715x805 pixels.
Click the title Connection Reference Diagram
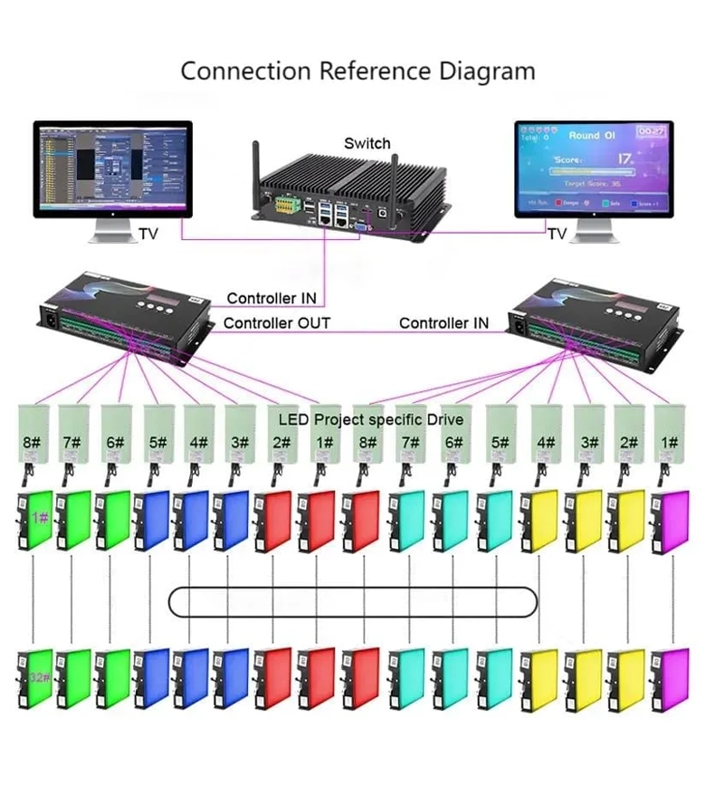[357, 71]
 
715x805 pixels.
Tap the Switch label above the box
[367, 143]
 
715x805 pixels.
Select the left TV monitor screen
[112, 168]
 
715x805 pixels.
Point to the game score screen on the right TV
[593, 168]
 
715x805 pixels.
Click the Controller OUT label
[277, 323]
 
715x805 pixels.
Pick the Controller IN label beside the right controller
[443, 323]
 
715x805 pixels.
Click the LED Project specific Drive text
[370, 419]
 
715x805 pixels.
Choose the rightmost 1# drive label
[671, 443]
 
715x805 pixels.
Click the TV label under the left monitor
[148, 235]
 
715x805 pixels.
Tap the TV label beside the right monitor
[558, 235]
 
